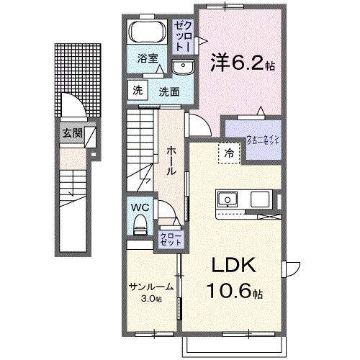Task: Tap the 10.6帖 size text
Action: [235, 292]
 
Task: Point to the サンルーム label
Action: [151, 287]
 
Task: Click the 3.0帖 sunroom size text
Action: [150, 299]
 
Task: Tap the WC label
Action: [140, 206]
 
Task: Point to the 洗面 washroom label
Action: [169, 91]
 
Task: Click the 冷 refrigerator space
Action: [228, 153]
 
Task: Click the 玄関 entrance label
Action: [71, 133]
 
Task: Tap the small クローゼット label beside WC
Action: [170, 239]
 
